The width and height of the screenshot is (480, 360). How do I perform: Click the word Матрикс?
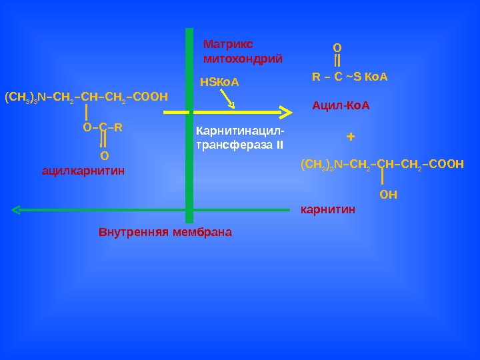[x=227, y=45]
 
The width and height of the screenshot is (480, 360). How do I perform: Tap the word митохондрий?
[x=243, y=59]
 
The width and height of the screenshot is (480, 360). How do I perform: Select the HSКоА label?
[x=219, y=83]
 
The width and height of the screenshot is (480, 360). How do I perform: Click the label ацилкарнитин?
[x=83, y=171]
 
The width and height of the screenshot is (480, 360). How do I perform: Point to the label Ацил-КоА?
[x=341, y=106]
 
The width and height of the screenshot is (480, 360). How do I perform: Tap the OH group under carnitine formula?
[x=388, y=195]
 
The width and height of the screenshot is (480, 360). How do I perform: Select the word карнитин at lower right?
[x=329, y=210]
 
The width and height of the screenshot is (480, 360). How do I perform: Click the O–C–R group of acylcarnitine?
[x=103, y=125]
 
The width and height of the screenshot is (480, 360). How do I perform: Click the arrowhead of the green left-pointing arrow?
[x=16, y=211]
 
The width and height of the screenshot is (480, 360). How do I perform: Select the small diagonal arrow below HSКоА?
[x=228, y=99]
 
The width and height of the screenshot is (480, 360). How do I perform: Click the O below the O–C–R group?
[x=103, y=156]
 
